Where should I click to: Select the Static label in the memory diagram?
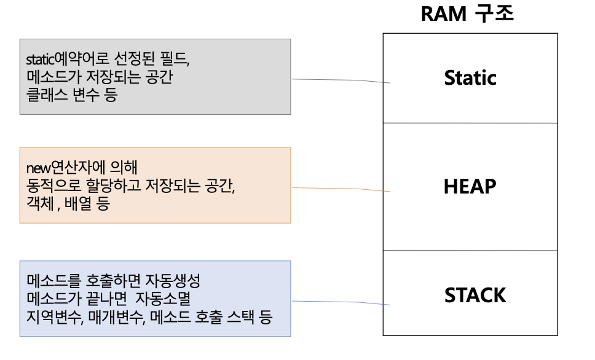click(470, 78)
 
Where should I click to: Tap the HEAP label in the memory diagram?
click(470, 186)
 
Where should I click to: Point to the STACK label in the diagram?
click(475, 295)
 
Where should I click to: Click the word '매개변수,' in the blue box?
click(114, 318)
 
